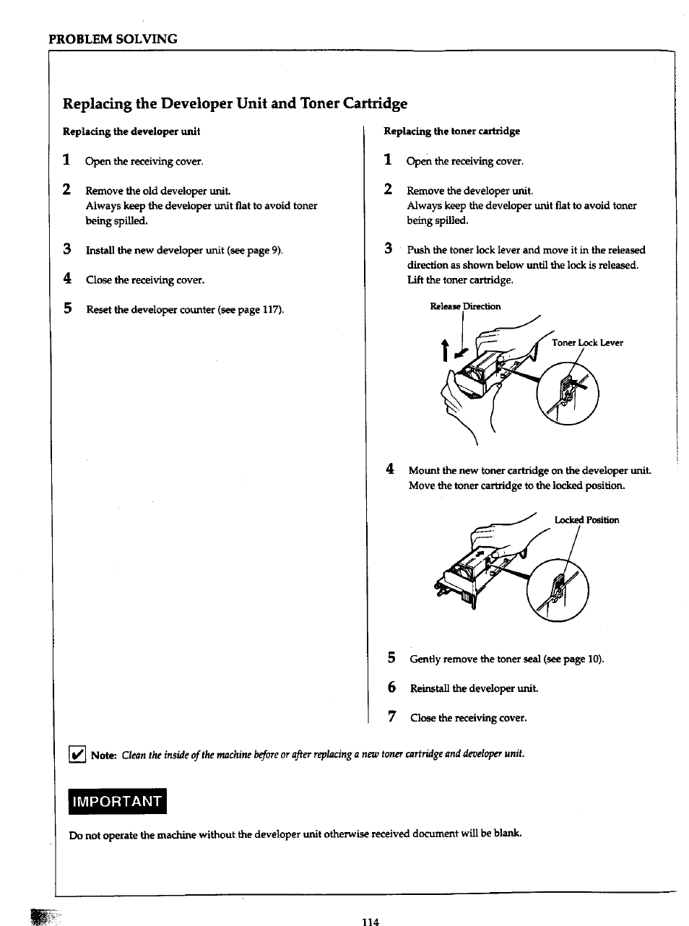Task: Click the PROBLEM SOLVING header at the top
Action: (113, 39)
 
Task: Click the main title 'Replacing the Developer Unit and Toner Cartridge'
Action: (235, 103)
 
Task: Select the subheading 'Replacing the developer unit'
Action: (131, 131)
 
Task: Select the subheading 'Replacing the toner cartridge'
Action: (451, 131)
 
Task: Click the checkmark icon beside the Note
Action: (77, 755)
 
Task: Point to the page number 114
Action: (370, 921)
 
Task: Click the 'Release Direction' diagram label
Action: (465, 306)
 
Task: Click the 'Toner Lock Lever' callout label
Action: (587, 343)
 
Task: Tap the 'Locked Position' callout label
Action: (586, 520)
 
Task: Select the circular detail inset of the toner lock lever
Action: (568, 394)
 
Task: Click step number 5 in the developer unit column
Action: (67, 309)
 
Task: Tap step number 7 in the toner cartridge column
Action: (392, 717)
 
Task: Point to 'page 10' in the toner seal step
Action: (582, 659)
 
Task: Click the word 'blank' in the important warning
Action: (506, 834)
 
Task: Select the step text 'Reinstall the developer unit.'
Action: (474, 688)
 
